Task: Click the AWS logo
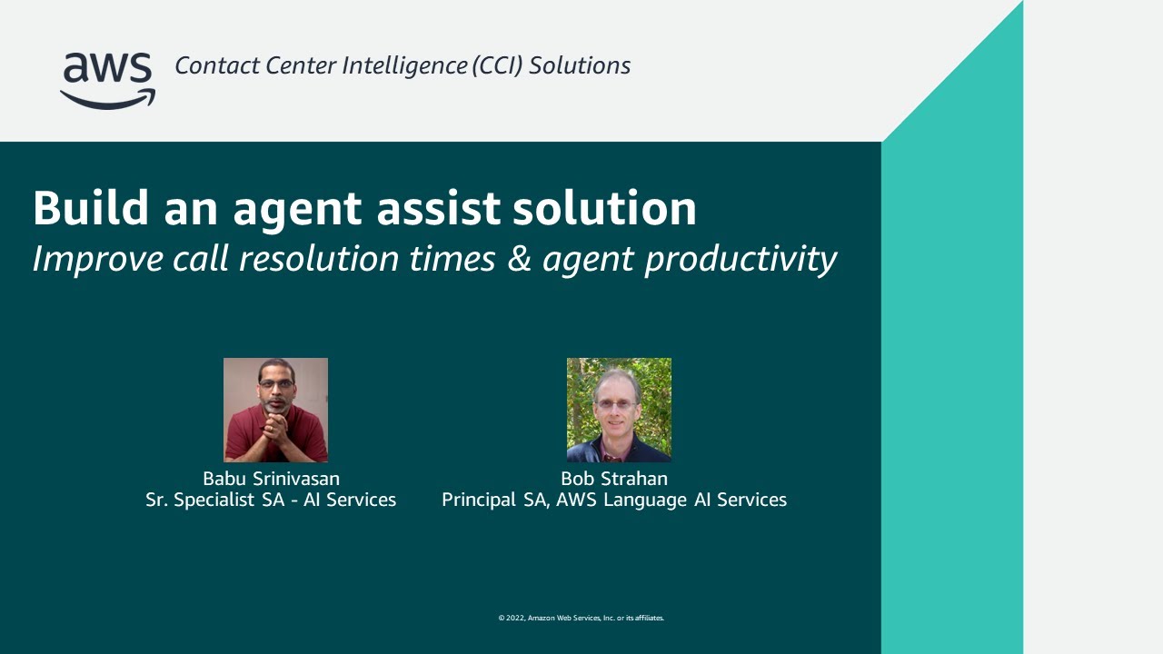pos(108,81)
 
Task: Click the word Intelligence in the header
pos(404,66)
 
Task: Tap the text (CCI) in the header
pos(497,66)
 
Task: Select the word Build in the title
pos(91,208)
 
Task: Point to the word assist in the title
pos(439,209)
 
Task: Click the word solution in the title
pos(604,208)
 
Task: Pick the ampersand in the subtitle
pos(519,259)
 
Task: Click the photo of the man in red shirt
pos(275,410)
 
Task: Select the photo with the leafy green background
pos(619,410)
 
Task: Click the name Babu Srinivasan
pos(272,478)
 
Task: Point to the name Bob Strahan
pos(614,478)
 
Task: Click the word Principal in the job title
pos(479,500)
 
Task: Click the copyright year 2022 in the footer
pos(515,618)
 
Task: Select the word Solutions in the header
pos(580,66)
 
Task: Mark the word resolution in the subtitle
pos(318,259)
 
